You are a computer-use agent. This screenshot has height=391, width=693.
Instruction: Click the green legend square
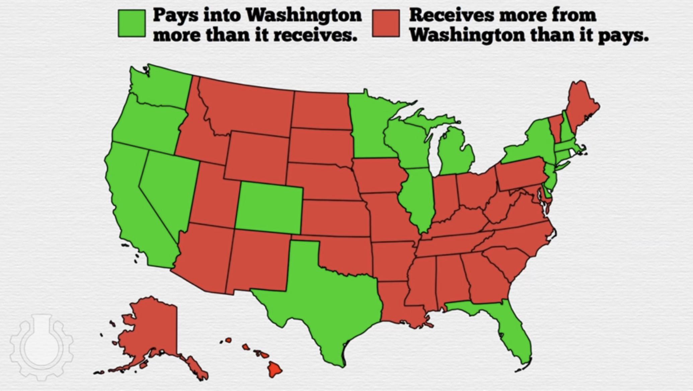[132, 23]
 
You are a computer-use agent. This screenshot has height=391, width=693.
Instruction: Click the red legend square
[386, 23]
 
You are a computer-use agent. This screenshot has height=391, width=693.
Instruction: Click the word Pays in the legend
[175, 15]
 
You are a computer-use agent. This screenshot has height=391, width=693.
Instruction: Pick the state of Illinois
[417, 197]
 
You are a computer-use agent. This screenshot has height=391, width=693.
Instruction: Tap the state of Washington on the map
[161, 87]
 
